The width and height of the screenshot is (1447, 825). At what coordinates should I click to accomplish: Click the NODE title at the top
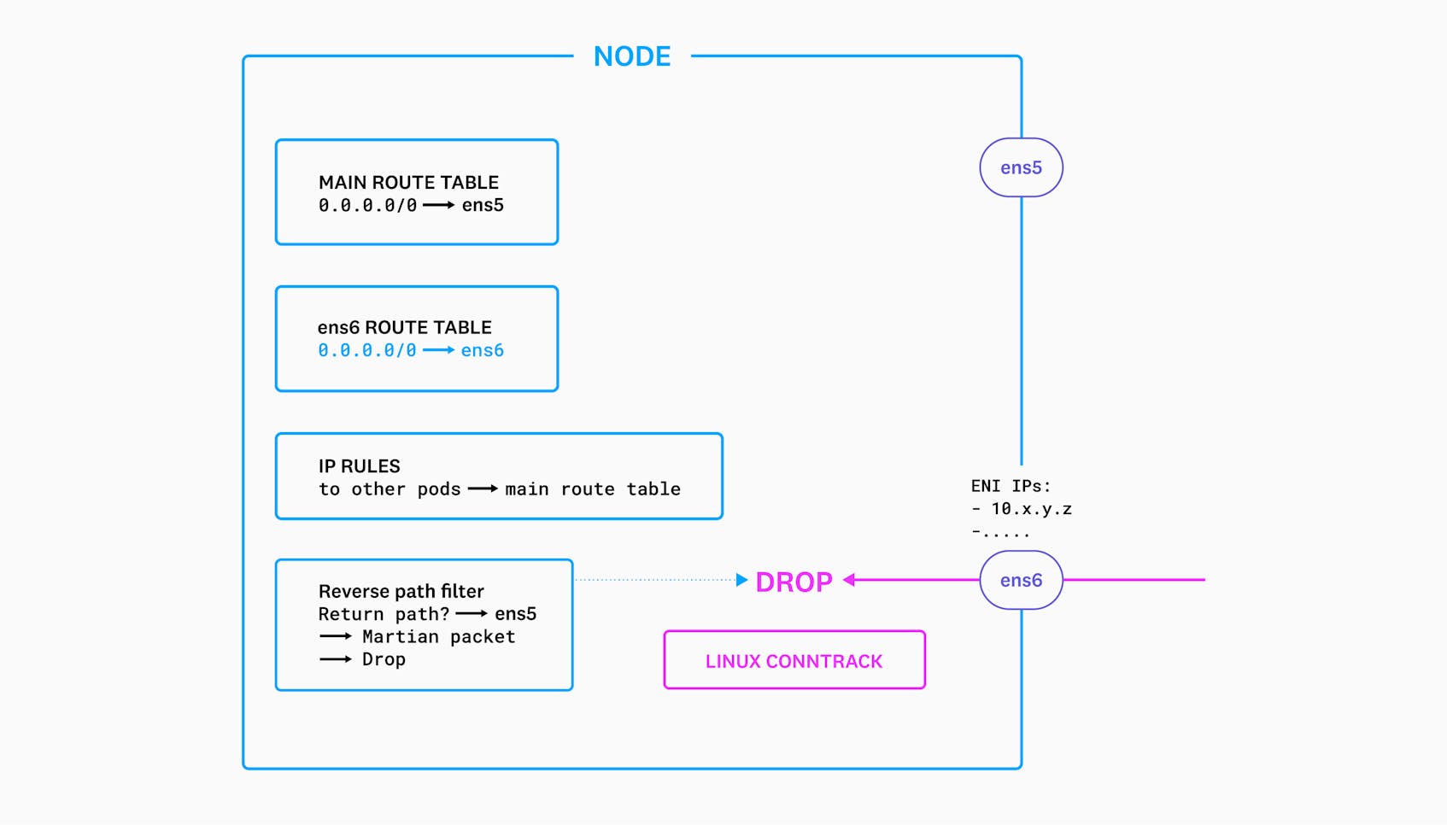click(x=632, y=56)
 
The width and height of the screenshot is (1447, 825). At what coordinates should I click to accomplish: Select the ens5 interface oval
click(x=1021, y=167)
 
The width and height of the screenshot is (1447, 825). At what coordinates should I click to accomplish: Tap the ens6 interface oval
click(x=1021, y=580)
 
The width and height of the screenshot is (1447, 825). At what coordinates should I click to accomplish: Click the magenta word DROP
click(x=794, y=582)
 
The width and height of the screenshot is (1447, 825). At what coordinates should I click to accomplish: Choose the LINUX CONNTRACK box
click(x=794, y=660)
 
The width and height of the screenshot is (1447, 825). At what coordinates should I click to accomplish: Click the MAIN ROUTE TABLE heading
click(x=408, y=182)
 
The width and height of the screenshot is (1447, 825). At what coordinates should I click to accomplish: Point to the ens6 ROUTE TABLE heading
click(x=404, y=327)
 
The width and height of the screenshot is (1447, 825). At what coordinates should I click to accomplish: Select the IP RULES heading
click(x=359, y=466)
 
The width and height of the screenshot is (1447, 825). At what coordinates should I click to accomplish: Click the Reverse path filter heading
click(x=401, y=591)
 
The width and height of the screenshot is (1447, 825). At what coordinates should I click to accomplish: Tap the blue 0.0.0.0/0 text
click(x=367, y=350)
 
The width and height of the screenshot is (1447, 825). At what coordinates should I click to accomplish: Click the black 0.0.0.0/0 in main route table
click(x=367, y=205)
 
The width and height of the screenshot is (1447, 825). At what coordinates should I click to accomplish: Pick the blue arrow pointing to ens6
click(x=438, y=350)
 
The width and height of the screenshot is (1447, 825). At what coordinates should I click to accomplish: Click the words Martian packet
click(x=438, y=636)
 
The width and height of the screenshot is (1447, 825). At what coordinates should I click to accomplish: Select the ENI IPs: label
click(x=1011, y=486)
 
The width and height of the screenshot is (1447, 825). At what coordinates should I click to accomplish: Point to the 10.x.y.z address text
click(x=1031, y=509)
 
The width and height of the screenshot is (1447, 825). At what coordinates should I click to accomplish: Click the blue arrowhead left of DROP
click(x=741, y=580)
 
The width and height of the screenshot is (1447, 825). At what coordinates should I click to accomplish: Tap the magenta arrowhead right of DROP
click(x=849, y=580)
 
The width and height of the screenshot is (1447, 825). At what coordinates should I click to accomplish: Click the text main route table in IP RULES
click(x=593, y=489)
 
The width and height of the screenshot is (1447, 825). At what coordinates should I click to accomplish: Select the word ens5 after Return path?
click(x=515, y=614)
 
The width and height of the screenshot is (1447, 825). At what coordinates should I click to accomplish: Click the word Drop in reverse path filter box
click(x=384, y=659)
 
